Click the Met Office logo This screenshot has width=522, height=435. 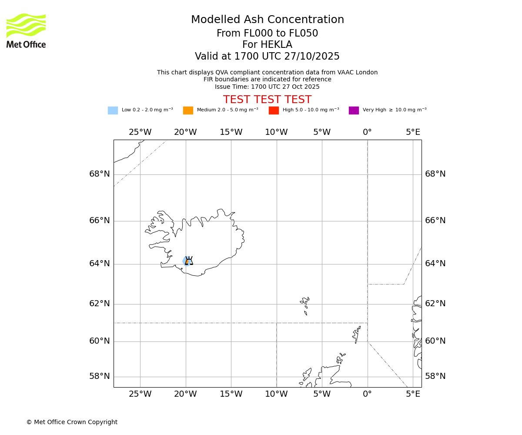coord(26,30)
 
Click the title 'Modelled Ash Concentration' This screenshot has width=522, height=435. coord(267,20)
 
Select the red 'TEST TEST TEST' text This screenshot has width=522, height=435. coord(267,100)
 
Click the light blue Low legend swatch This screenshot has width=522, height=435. coord(113,110)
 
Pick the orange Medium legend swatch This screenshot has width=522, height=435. coord(188,110)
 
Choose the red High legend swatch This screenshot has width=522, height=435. coord(274,110)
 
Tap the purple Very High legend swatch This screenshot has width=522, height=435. coord(354,110)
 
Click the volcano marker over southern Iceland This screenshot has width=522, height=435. coord(189,261)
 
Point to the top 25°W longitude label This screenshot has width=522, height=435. coord(140,132)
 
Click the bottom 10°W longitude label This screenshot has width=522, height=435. coord(276,395)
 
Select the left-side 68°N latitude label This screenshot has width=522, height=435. coord(100,174)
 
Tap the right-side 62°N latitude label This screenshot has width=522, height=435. coord(435,304)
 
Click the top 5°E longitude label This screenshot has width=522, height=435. coord(413,132)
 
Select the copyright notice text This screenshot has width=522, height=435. coord(72,422)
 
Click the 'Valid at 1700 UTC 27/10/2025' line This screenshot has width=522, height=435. coord(267,57)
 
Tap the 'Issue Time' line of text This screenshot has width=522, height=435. coord(267,87)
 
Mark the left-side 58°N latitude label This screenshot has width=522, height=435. coord(100,376)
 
